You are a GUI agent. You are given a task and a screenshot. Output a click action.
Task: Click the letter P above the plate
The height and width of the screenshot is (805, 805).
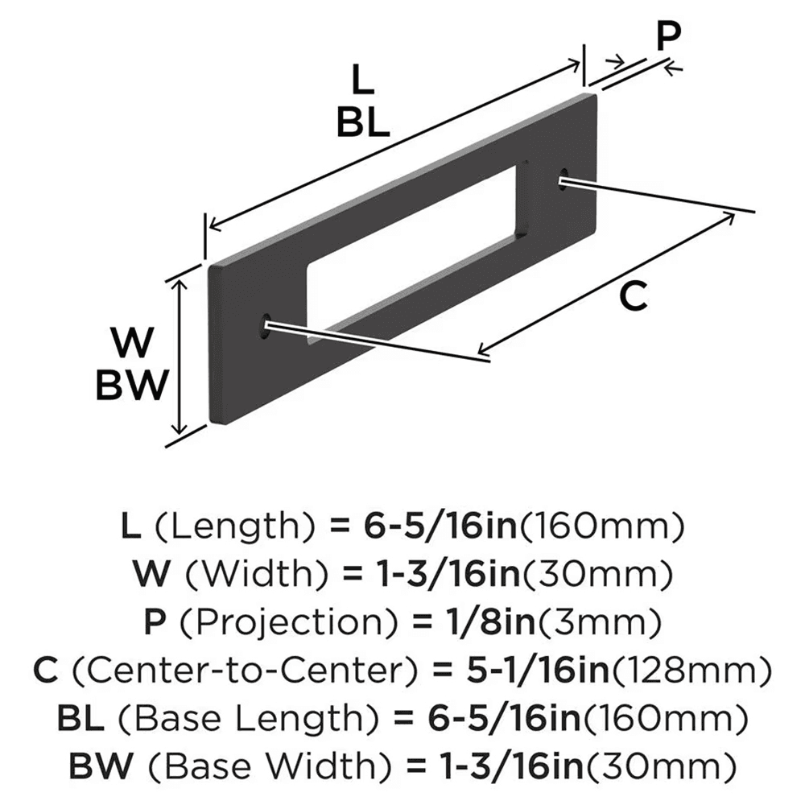(x=667, y=35)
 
